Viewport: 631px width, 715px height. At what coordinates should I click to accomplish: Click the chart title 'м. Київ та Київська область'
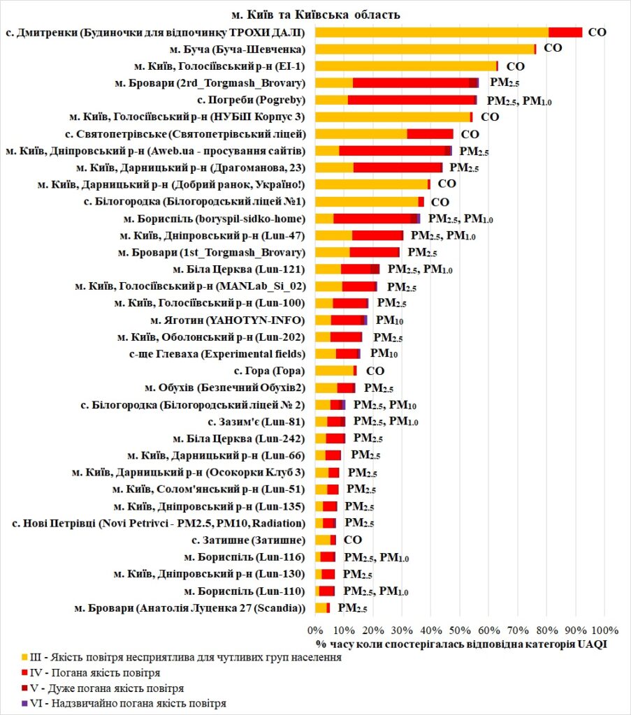pos(316,15)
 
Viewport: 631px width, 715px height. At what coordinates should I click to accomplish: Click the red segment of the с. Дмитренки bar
pos(565,32)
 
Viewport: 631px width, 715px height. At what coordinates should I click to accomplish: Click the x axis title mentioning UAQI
pos(461,643)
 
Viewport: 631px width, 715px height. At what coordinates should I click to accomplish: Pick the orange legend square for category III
pos(24,657)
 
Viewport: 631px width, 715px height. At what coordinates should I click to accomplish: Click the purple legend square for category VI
pos(24,703)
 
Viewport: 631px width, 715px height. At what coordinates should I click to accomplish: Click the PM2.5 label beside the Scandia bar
pos(352,608)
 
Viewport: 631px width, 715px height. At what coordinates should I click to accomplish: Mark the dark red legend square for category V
pos(24,688)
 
